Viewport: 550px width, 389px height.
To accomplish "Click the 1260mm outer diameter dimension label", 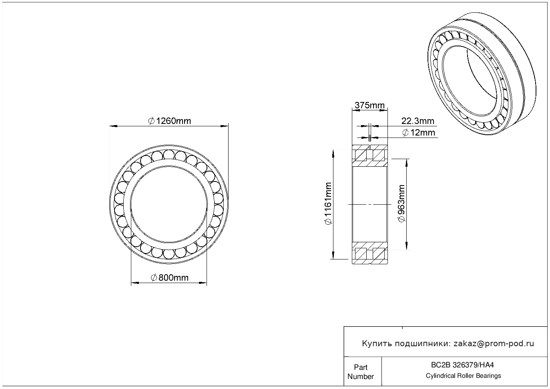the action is [x=169, y=121].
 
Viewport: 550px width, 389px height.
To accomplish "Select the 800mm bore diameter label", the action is [x=169, y=277].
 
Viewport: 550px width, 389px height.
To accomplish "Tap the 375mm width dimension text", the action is [x=369, y=105].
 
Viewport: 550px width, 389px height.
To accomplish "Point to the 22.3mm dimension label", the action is [x=418, y=121].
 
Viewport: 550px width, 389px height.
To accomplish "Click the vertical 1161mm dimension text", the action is [x=328, y=203].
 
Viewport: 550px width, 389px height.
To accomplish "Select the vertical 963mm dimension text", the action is [x=401, y=203].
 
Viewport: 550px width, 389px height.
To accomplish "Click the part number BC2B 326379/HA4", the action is [x=462, y=365].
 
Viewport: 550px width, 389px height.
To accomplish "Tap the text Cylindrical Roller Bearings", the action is [x=463, y=376].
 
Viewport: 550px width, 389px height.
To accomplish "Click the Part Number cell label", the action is [x=360, y=372].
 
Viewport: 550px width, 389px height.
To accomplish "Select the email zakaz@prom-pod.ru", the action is [x=494, y=344].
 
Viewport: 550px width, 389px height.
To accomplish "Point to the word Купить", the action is [x=377, y=344].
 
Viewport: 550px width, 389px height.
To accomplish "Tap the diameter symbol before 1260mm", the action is [x=151, y=121].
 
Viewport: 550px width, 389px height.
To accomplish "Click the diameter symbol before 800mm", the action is [x=154, y=277].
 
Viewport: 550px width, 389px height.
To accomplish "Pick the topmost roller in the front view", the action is [x=169, y=155].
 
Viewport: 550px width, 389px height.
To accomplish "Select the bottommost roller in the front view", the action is [x=169, y=254].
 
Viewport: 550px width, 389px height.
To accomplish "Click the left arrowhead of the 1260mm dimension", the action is [x=113, y=126].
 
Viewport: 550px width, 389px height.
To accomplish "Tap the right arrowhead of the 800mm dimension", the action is [x=203, y=283].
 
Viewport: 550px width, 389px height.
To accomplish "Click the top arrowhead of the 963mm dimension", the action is [x=407, y=163].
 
